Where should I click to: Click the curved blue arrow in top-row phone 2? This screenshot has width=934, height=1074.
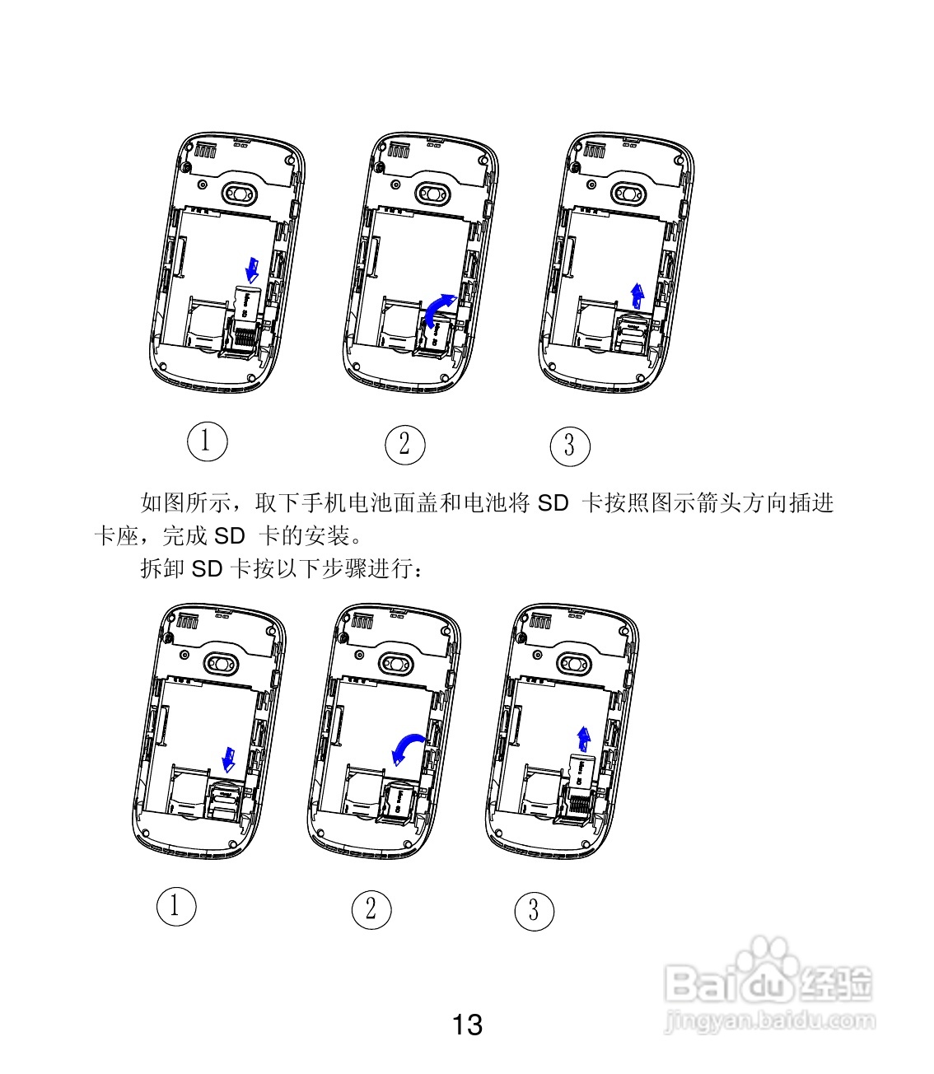pyautogui.click(x=437, y=308)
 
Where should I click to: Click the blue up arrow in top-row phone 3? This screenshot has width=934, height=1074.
pyautogui.click(x=637, y=293)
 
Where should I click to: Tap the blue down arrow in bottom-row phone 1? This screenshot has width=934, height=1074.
pyautogui.click(x=230, y=759)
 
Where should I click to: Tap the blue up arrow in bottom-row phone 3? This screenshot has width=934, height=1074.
pyautogui.click(x=584, y=738)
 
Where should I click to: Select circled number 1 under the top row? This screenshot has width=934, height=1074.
pyautogui.click(x=205, y=441)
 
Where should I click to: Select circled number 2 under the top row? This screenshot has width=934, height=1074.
pyautogui.click(x=404, y=445)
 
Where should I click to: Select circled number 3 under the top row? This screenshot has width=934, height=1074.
pyautogui.click(x=570, y=446)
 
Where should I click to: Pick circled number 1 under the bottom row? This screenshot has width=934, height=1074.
pyautogui.click(x=175, y=906)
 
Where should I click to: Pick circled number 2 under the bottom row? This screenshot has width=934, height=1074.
pyautogui.click(x=371, y=909)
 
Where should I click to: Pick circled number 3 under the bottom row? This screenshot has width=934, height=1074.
pyautogui.click(x=534, y=911)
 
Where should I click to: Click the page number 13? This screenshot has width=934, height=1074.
pyautogui.click(x=467, y=1025)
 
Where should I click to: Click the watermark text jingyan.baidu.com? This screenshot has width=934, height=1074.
pyautogui.click(x=769, y=1021)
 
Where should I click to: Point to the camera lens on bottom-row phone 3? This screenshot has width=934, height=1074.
pyautogui.click(x=572, y=662)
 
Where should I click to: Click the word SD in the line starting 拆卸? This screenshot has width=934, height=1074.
pyautogui.click(x=207, y=568)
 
